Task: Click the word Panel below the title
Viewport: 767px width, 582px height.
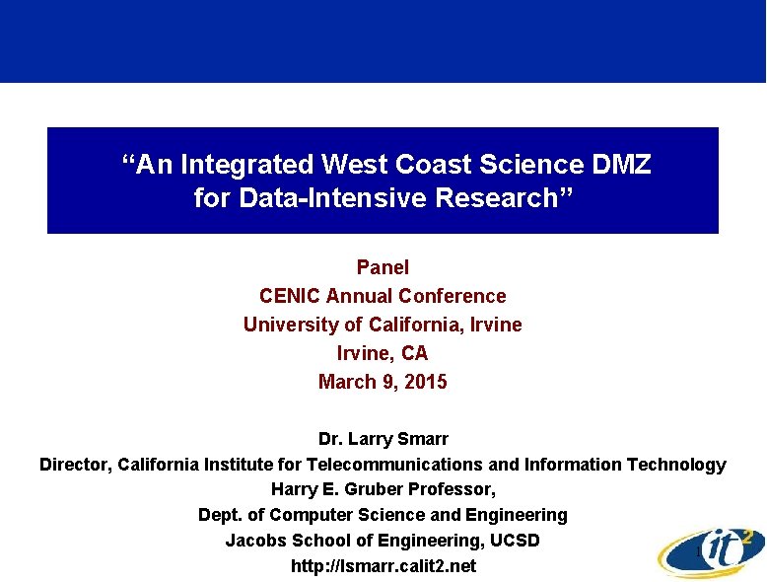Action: pyautogui.click(x=383, y=267)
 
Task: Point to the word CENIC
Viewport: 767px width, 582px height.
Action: pyautogui.click(x=290, y=296)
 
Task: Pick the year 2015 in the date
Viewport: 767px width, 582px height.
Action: pyautogui.click(x=425, y=382)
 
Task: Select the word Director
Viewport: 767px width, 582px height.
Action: pyautogui.click(x=75, y=464)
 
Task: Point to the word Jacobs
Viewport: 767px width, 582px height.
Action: pyautogui.click(x=254, y=541)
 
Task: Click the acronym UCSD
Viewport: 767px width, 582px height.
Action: pyautogui.click(x=515, y=541)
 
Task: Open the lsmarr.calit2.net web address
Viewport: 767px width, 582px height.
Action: pyautogui.click(x=383, y=566)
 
